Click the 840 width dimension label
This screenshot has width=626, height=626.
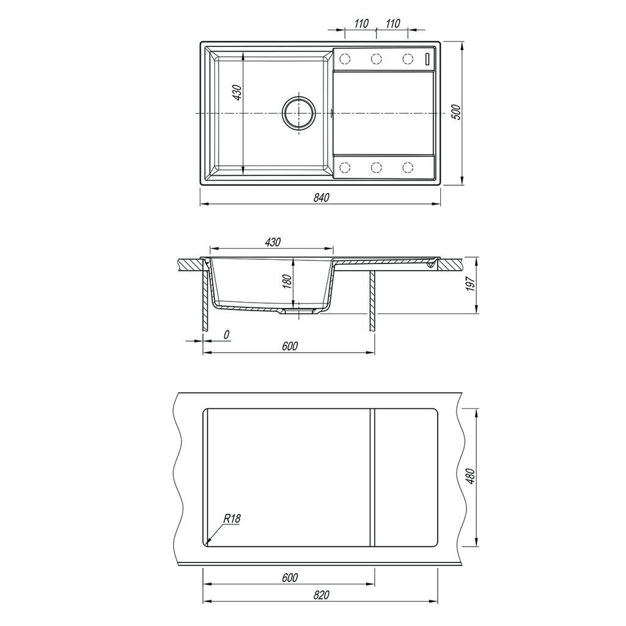coord(321,197)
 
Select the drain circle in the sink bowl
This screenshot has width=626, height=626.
coord(298,112)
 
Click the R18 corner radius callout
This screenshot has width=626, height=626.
coord(232,518)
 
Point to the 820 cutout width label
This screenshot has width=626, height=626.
coord(321,595)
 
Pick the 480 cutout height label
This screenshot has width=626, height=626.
coord(471,477)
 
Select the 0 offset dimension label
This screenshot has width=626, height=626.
coord(226,335)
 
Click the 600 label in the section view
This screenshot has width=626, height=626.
coord(289,346)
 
